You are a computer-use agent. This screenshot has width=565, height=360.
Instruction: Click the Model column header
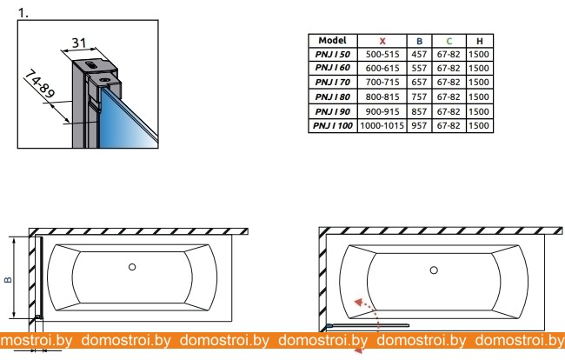pos(332,40)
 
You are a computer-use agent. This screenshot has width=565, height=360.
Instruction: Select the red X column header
pos(382,41)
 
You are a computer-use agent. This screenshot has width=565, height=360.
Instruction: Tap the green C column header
pos(449,41)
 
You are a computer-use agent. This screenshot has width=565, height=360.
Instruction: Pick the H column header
pos(479,41)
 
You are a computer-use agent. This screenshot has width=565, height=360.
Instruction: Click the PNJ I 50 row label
pos(333,55)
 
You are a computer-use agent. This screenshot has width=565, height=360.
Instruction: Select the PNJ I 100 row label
pos(333,126)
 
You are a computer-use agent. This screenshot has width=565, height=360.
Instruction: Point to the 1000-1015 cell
pos(382,126)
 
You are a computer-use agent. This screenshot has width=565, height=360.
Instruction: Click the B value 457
pos(419,55)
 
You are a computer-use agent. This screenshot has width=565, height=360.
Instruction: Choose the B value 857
pos(419,111)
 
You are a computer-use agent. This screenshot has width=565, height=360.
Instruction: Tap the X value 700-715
pos(382,82)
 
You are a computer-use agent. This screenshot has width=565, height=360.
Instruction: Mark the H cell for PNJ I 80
pos(479,97)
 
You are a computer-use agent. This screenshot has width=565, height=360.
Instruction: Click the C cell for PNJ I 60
pos(449,68)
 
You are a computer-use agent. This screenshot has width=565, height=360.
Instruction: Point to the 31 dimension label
pos(79,43)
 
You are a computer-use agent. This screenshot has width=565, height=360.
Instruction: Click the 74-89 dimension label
pos(40,84)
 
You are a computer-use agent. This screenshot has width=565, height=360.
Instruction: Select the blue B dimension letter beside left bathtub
pos(8,279)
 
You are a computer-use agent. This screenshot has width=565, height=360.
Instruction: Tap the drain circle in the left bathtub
pos(132,267)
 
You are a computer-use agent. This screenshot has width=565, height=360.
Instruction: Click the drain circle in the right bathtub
pos(434,270)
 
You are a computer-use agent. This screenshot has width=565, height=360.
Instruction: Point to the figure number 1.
pos(23,13)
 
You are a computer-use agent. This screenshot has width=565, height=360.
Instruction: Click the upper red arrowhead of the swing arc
pos(358,302)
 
